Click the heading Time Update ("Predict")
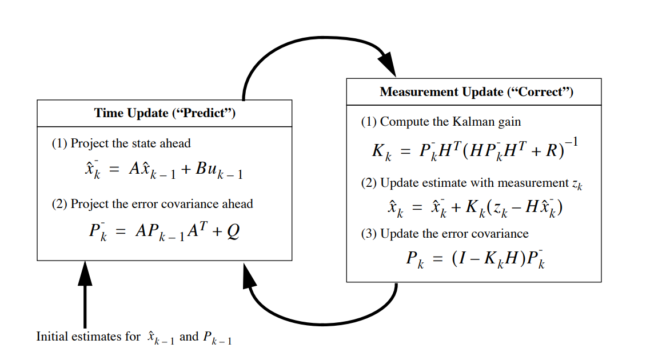(x=165, y=113)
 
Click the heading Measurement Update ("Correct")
(x=476, y=92)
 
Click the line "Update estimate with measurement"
(x=464, y=183)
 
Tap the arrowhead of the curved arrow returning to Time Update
(x=249, y=275)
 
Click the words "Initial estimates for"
(x=87, y=337)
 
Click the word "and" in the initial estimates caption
(x=189, y=337)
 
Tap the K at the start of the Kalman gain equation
(x=378, y=151)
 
